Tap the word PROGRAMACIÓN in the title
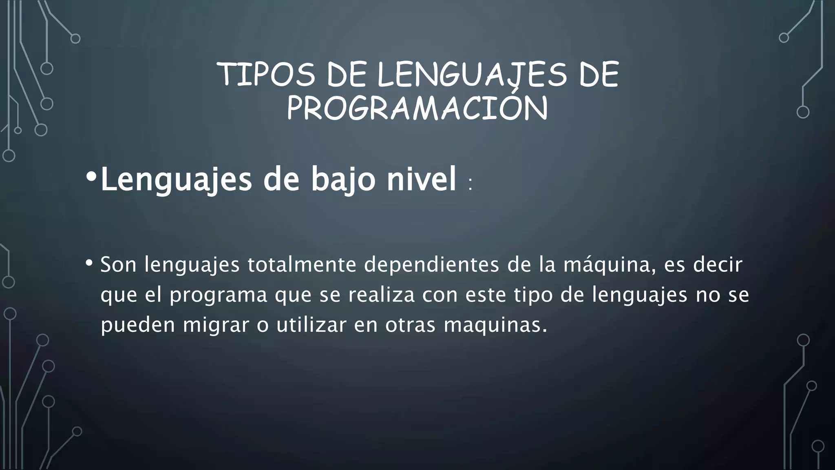pyautogui.click(x=417, y=108)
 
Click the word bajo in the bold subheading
pyautogui.click(x=343, y=180)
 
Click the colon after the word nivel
pyautogui.click(x=471, y=184)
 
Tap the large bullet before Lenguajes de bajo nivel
pyautogui.click(x=91, y=177)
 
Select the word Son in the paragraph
pyautogui.click(x=118, y=264)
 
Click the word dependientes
pyautogui.click(x=431, y=264)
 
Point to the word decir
pyautogui.click(x=718, y=264)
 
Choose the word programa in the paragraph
pyautogui.click(x=219, y=295)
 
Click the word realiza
pyautogui.click(x=381, y=295)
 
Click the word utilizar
pyautogui.click(x=311, y=325)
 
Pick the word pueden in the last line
pyautogui.click(x=138, y=325)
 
